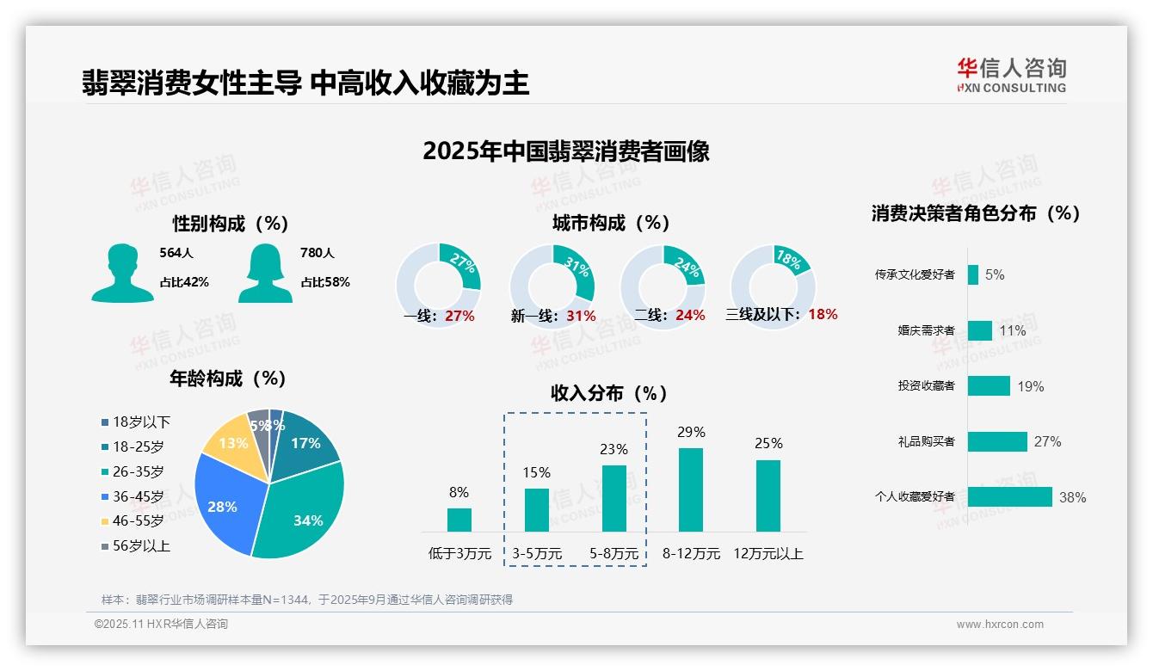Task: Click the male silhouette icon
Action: point(122,273)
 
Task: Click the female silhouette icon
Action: point(265,273)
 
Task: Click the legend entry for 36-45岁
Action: point(133,496)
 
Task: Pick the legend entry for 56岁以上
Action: point(135,546)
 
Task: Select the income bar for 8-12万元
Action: point(690,489)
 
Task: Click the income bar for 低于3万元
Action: point(459,520)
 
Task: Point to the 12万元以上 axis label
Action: point(768,554)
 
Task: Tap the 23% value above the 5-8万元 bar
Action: point(613,449)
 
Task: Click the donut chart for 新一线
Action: point(552,286)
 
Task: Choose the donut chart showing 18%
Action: point(772,286)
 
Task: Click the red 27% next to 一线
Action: point(459,316)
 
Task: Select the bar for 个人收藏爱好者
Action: point(1009,497)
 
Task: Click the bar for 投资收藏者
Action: point(989,386)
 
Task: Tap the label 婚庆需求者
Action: point(926,330)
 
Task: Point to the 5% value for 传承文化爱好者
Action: point(995,275)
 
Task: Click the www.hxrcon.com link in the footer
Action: point(999,625)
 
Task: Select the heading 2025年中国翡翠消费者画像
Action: point(565,151)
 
